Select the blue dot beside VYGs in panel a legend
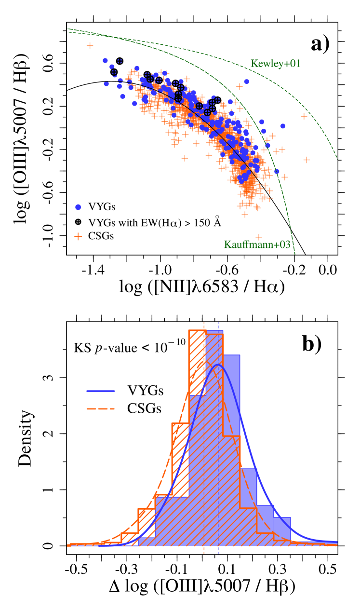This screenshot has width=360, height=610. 79,207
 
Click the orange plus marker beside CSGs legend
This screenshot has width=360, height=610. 79,236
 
